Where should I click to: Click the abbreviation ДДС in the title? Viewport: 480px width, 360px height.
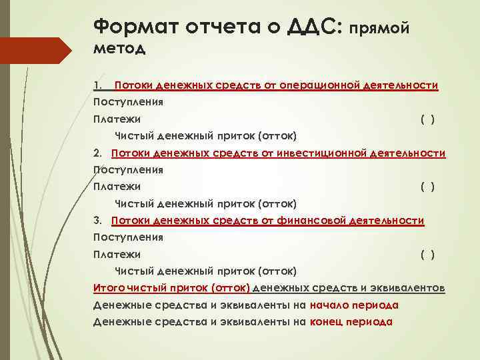(312, 26)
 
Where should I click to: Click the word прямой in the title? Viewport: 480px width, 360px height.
(379, 27)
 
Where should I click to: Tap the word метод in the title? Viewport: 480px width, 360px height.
(120, 48)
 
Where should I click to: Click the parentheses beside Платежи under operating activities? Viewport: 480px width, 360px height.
(427, 119)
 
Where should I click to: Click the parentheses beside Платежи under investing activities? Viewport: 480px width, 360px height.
(427, 187)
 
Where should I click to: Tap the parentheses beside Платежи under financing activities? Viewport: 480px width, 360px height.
(427, 254)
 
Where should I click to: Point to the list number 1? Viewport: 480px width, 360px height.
(97, 85)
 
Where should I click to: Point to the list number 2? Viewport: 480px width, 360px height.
(97, 153)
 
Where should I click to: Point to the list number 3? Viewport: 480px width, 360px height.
(97, 220)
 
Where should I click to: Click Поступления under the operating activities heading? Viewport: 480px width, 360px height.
(129, 103)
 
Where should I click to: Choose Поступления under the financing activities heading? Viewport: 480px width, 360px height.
(129, 237)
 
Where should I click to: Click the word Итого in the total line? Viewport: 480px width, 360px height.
(107, 288)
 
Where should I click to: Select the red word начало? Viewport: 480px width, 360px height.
(332, 305)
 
